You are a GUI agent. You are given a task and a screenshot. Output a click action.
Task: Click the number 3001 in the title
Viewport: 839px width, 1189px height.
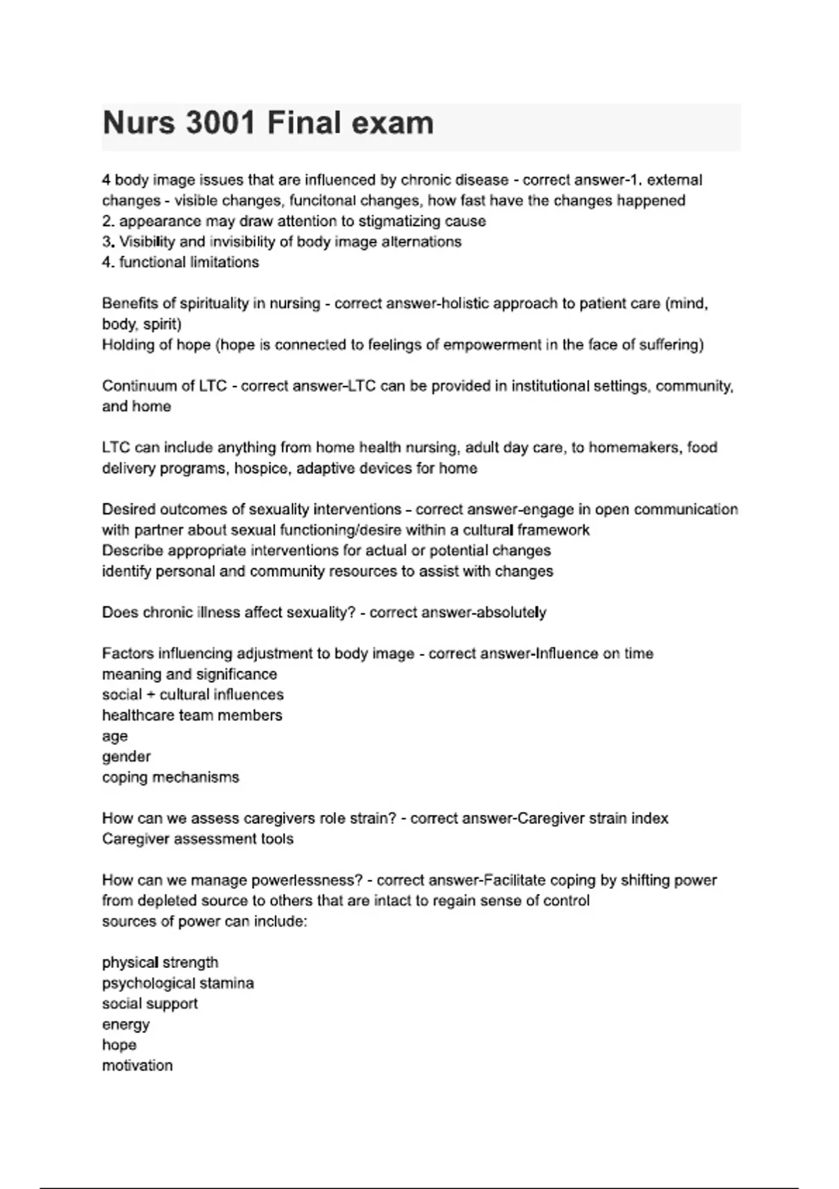tap(220, 124)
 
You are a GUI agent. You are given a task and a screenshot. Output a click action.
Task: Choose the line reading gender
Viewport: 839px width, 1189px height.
tap(127, 757)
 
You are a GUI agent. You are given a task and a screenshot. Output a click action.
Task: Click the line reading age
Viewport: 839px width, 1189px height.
tap(115, 736)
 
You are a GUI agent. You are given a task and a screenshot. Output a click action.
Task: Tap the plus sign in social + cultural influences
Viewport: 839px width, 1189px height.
tap(151, 695)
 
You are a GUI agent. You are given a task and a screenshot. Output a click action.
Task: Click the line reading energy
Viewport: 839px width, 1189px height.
tap(126, 1025)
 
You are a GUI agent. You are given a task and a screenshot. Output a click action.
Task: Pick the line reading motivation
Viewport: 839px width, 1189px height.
tap(138, 1066)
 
